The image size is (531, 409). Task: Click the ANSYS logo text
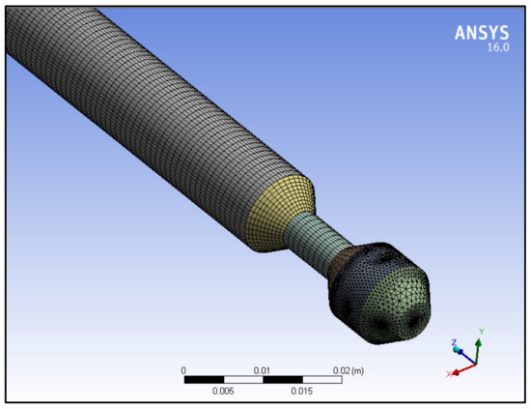click(x=481, y=33)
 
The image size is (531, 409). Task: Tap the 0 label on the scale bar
click(x=183, y=370)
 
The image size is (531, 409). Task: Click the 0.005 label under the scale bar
click(x=223, y=391)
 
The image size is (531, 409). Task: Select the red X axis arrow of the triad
click(x=463, y=368)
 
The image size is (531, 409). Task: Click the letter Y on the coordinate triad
click(x=480, y=332)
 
